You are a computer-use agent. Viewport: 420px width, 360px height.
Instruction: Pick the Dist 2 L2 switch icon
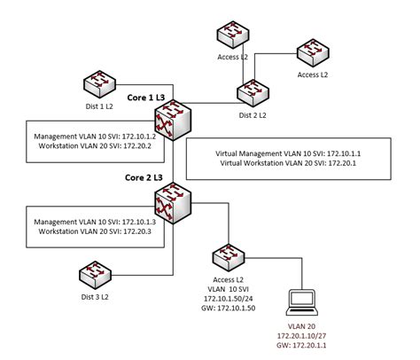click(x=253, y=91)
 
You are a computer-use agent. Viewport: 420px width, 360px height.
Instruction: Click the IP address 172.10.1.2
click(x=137, y=136)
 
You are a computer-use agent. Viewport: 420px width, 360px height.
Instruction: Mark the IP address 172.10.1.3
click(x=137, y=220)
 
